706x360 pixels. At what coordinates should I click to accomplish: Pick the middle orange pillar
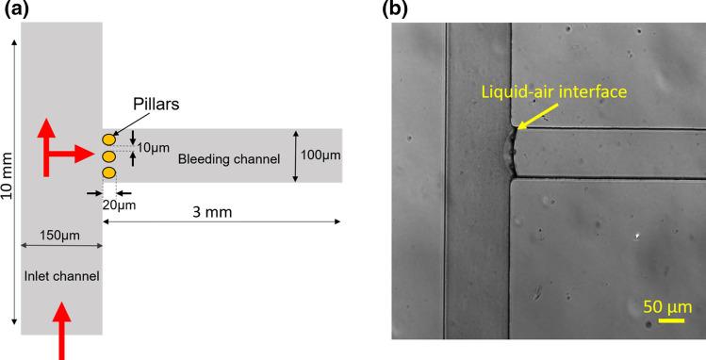pyautogui.click(x=108, y=156)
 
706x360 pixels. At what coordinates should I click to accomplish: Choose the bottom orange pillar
pyautogui.click(x=108, y=172)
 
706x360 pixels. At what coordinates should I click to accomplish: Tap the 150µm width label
pyautogui.click(x=59, y=233)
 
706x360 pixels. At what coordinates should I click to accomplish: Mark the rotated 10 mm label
pyautogui.click(x=8, y=189)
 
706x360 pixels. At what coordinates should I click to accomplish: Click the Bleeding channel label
pyautogui.click(x=229, y=159)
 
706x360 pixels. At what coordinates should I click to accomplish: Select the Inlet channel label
pyautogui.click(x=61, y=276)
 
